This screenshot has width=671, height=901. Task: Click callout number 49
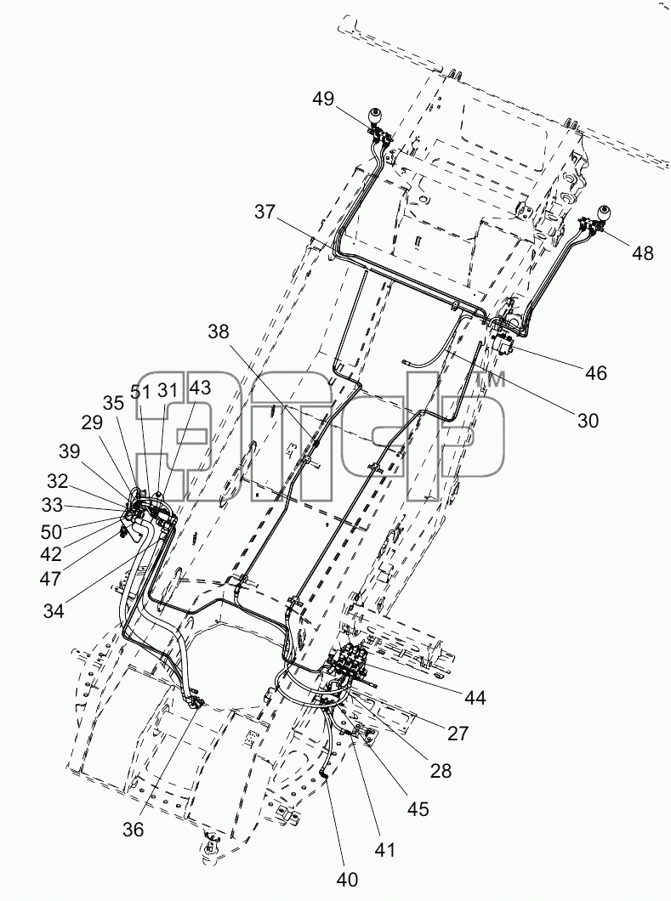pyautogui.click(x=323, y=99)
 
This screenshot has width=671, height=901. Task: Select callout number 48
pyautogui.click(x=643, y=252)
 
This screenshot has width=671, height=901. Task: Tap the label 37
pyautogui.click(x=265, y=212)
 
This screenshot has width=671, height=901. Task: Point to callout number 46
pyautogui.click(x=596, y=373)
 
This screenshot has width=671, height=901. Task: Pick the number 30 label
pyautogui.click(x=588, y=421)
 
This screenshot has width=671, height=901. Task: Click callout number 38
pyautogui.click(x=218, y=331)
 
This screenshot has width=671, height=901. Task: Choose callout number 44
pyautogui.click(x=475, y=698)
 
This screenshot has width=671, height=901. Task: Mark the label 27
pyautogui.click(x=458, y=734)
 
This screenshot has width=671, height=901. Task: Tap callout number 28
pyautogui.click(x=441, y=771)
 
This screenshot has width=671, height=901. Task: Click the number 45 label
pyautogui.click(x=418, y=808)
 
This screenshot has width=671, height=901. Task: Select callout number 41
pyautogui.click(x=384, y=848)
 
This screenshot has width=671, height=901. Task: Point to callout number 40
pyautogui.click(x=346, y=879)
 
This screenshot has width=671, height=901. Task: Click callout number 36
pyautogui.click(x=134, y=829)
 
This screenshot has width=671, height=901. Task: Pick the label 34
pyautogui.click(x=54, y=611)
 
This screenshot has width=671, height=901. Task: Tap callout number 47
pyautogui.click(x=50, y=579)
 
